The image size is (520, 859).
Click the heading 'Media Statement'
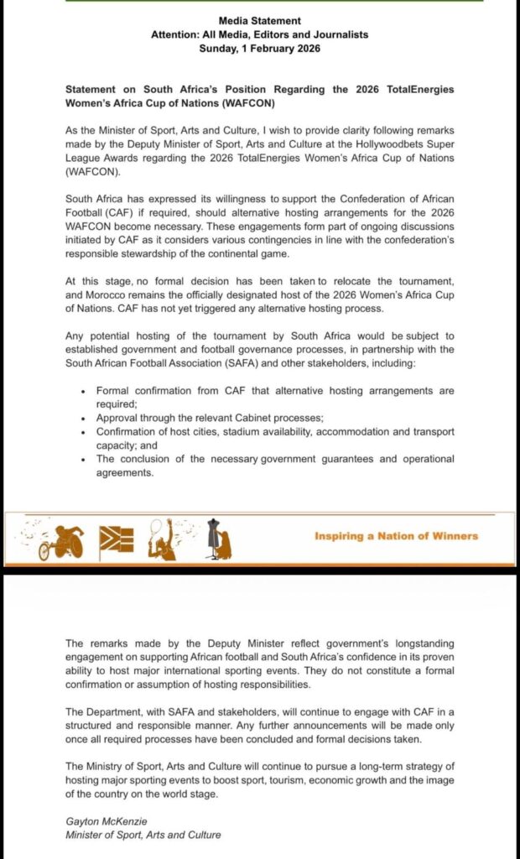pos(259,20)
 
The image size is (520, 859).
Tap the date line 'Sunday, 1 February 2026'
pos(259,49)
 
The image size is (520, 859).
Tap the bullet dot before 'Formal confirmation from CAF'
pos(82,392)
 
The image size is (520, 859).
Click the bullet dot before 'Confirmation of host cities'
pos(82,432)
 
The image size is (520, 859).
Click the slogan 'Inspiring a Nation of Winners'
pos(396,536)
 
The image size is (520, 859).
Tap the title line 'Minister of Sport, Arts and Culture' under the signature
pos(143,835)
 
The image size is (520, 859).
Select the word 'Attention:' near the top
pos(175,34)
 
